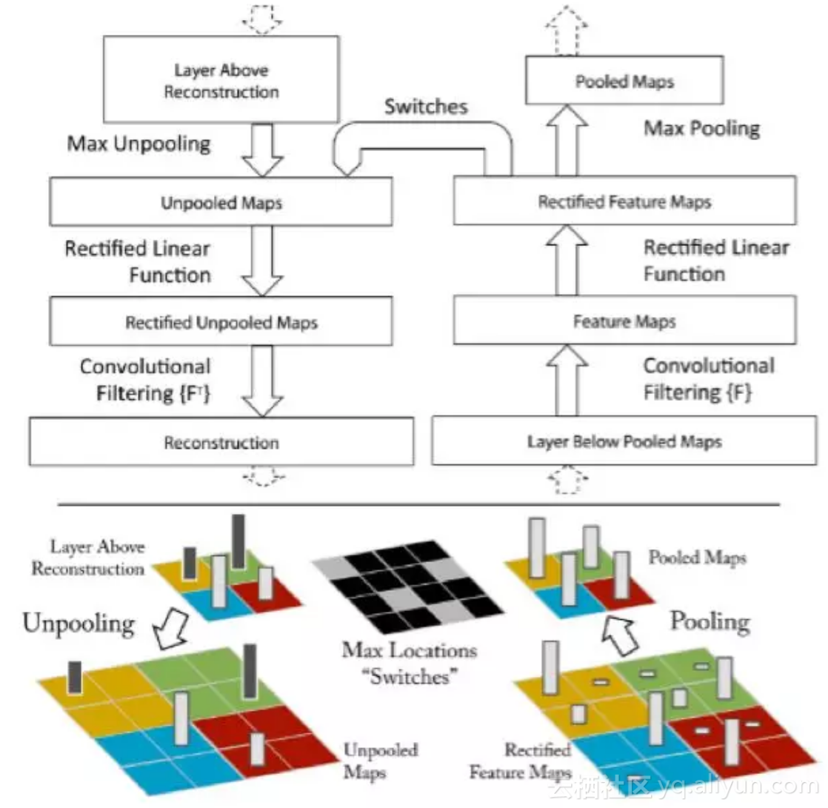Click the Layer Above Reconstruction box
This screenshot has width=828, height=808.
(221, 79)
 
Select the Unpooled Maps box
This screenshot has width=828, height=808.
(221, 201)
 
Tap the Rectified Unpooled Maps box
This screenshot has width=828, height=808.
(221, 321)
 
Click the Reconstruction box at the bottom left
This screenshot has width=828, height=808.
(221, 441)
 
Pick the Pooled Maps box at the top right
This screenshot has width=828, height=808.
(624, 80)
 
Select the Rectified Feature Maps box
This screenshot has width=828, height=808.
(624, 201)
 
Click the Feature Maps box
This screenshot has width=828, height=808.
(624, 320)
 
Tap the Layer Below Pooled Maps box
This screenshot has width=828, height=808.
(624, 441)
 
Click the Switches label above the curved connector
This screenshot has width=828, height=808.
(426, 107)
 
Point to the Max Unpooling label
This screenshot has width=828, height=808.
(139, 144)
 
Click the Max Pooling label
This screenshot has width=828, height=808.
(702, 128)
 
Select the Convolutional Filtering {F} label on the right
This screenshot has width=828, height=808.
(709, 378)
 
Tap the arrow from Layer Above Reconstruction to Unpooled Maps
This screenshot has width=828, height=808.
(262, 150)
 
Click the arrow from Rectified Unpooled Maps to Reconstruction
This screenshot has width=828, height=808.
(262, 381)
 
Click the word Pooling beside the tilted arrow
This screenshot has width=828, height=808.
(710, 622)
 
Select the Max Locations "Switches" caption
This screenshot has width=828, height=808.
(410, 664)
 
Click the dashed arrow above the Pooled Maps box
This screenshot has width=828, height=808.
(567, 30)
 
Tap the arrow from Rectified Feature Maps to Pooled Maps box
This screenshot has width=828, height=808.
(567, 140)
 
